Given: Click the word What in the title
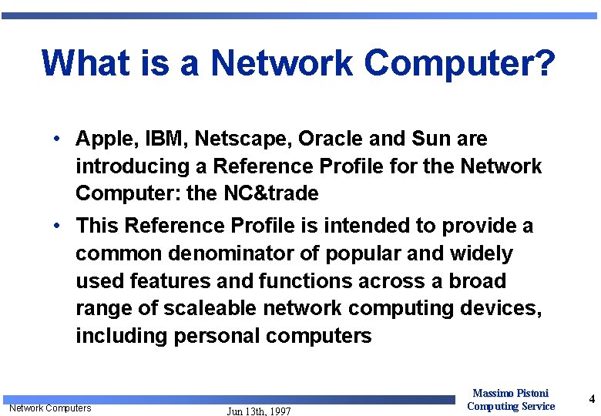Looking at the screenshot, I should point(86,63).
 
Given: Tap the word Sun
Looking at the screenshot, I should point(430,139).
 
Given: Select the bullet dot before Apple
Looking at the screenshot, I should point(58,139).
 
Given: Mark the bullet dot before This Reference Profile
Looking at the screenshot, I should point(58,226).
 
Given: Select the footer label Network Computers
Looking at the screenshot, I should point(50,408).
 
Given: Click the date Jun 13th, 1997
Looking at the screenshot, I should point(259,411).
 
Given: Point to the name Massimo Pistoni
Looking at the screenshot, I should point(510,393).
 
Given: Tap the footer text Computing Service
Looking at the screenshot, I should point(511,406).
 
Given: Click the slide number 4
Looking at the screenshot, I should point(592,399).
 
